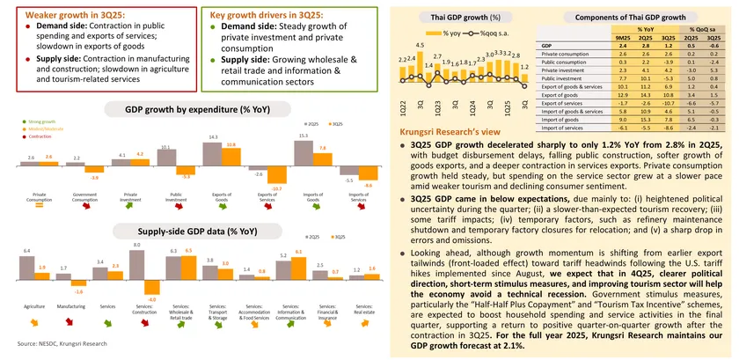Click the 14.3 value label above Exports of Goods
coord(212,137)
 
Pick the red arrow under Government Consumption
coord(84,208)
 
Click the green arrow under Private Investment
coord(130,208)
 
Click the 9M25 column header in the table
coord(624,39)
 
